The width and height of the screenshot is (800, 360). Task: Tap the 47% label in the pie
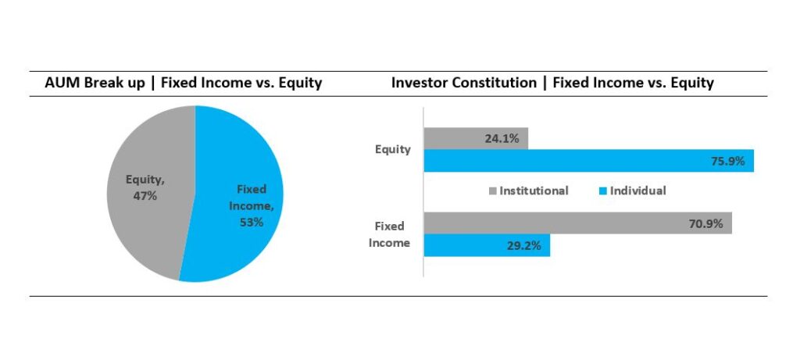145,195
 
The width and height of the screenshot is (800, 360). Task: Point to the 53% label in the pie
252,222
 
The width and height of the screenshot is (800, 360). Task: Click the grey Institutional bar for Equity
476,138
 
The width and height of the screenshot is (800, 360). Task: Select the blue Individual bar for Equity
589,161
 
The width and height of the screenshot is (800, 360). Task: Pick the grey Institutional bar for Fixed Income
578,223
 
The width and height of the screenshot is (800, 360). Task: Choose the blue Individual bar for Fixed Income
487,245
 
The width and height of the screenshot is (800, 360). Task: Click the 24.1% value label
502,139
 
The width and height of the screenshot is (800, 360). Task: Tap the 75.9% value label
728,161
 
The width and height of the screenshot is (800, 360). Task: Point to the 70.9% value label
706,223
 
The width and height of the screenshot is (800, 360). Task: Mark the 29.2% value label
524,246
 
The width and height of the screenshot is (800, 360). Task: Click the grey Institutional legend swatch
492,191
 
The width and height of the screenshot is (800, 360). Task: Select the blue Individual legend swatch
602,191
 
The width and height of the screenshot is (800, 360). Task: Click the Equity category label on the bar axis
393,149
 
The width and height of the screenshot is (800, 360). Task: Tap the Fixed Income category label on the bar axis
389,234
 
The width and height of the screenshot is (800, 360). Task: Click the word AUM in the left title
58,83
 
